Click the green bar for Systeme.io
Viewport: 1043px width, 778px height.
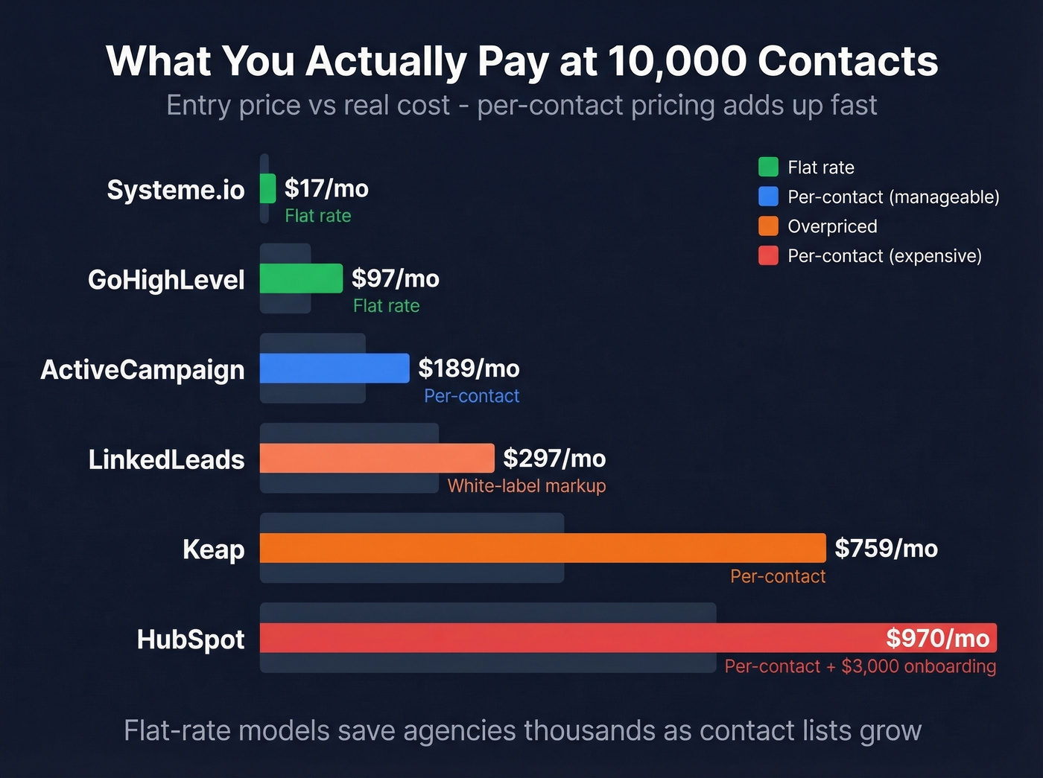click(x=267, y=188)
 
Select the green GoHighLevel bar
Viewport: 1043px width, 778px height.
click(x=301, y=278)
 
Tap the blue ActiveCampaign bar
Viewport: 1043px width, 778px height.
click(x=335, y=369)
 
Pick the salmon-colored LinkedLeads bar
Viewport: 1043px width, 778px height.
click(x=377, y=459)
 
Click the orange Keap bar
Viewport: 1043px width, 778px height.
click(x=542, y=549)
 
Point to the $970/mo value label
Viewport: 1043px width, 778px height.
click(x=937, y=638)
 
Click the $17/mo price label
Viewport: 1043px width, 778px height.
click(x=326, y=188)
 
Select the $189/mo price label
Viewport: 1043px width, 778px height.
click(x=469, y=368)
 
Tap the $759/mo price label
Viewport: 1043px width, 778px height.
click(x=886, y=548)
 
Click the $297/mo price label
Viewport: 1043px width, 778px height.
click(x=554, y=458)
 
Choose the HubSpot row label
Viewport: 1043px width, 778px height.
click(x=191, y=640)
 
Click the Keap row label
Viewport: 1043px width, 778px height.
click(x=214, y=549)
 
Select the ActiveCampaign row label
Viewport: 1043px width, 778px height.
click(x=142, y=369)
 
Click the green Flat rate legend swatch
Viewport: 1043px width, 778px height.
click(x=768, y=167)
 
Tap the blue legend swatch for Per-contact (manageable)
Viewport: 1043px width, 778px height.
click(x=768, y=197)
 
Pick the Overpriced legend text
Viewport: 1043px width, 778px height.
click(x=832, y=226)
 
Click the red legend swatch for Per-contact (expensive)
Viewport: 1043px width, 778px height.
click(x=768, y=256)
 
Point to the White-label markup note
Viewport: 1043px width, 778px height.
click(x=526, y=486)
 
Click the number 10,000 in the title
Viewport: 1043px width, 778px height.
click(x=677, y=61)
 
